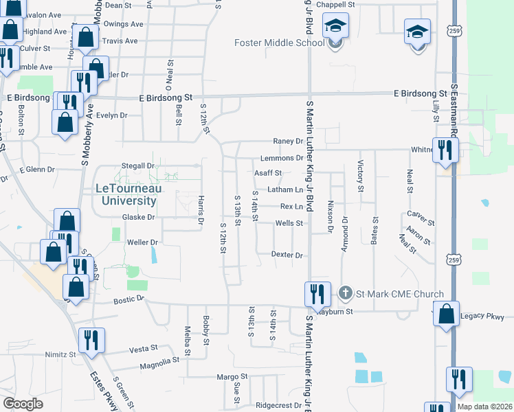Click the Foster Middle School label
click(x=279, y=43)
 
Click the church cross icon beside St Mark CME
click(x=346, y=294)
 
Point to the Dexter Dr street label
click(x=287, y=255)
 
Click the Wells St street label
click(x=289, y=223)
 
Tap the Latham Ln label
click(x=285, y=190)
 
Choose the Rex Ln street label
click(x=291, y=206)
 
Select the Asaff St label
click(x=269, y=173)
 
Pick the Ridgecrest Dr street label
click(x=278, y=405)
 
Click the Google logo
click(x=23, y=404)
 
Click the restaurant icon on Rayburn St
click(x=316, y=295)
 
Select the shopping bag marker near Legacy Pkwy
click(x=447, y=315)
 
